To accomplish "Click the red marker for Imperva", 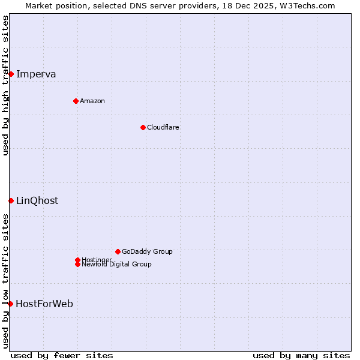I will pyautogui.click(x=11, y=74).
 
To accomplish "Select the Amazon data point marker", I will pyautogui.click(x=76, y=101).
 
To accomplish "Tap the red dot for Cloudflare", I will pyautogui.click(x=143, y=127).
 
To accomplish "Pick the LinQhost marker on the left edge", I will pyautogui.click(x=11, y=200).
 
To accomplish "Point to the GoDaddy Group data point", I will pyautogui.click(x=118, y=251).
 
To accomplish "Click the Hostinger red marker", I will pyautogui.click(x=77, y=260).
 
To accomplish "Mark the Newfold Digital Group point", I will pyautogui.click(x=77, y=264).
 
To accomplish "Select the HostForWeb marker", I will pyautogui.click(x=10, y=304).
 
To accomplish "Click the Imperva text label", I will pyautogui.click(x=36, y=74).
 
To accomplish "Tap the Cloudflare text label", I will pyautogui.click(x=163, y=127).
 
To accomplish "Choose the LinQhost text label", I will pyautogui.click(x=37, y=201).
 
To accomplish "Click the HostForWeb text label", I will pyautogui.click(x=44, y=304).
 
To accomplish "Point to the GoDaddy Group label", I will pyautogui.click(x=147, y=251).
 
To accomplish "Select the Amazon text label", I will pyautogui.click(x=92, y=101).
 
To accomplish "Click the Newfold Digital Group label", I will pyautogui.click(x=116, y=264).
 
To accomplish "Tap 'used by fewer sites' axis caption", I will pyautogui.click(x=62, y=355).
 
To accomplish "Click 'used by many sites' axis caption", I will pyautogui.click(x=301, y=355).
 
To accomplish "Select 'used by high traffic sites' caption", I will pyautogui.click(x=6, y=85).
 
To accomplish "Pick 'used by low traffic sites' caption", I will pyautogui.click(x=6, y=281).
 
